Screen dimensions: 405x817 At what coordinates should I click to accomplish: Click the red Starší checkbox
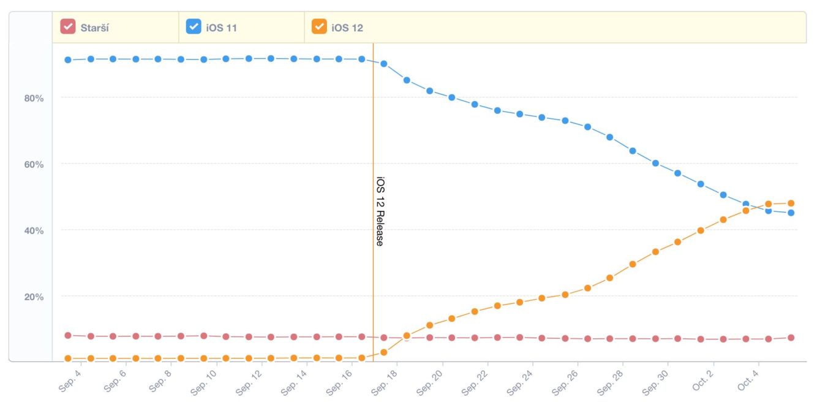(67, 27)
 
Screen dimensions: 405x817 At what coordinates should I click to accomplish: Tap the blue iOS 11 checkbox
(194, 27)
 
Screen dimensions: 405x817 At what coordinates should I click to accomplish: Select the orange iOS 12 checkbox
(319, 27)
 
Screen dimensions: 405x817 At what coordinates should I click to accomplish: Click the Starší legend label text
(95, 28)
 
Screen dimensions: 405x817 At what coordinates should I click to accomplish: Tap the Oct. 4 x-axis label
(746, 380)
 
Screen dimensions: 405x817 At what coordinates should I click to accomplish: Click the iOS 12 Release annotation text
(380, 211)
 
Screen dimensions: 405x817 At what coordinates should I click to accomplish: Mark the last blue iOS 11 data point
(791, 213)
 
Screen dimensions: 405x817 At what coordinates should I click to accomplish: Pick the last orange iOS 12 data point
(791, 203)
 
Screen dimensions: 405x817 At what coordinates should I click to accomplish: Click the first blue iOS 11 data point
(68, 59)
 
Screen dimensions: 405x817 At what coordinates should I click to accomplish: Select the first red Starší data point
(68, 335)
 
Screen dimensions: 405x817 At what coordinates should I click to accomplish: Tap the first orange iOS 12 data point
(68, 358)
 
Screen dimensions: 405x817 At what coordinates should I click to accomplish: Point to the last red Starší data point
(791, 338)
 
